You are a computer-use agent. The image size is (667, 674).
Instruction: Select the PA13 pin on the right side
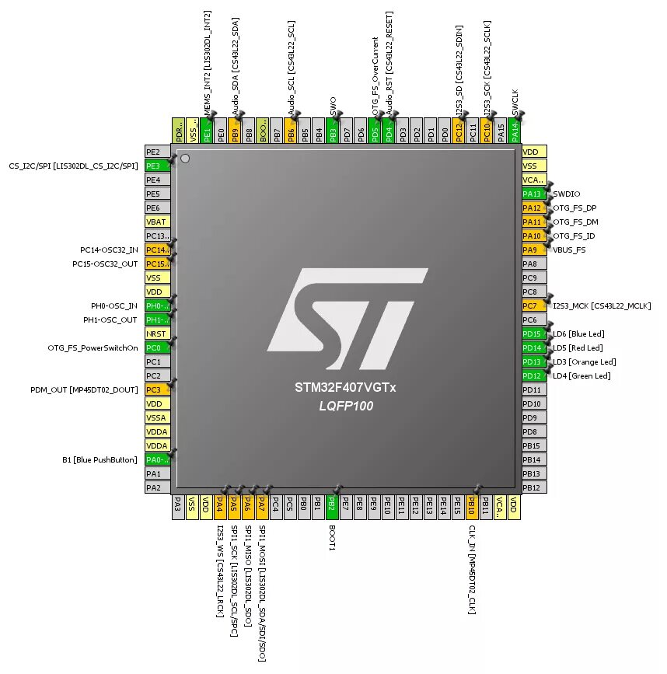tap(533, 194)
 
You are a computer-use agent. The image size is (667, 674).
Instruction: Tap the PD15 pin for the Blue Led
tap(533, 334)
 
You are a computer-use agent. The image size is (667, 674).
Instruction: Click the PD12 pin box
tap(533, 375)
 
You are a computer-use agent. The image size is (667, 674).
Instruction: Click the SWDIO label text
tap(566, 194)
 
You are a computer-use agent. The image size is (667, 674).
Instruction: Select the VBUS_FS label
tap(569, 250)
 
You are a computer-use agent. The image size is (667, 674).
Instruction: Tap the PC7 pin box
tap(533, 306)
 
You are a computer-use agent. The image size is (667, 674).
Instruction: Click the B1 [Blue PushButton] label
tap(100, 459)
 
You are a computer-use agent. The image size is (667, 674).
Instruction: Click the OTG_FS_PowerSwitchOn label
tap(93, 347)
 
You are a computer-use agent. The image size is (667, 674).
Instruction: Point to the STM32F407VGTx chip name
tap(345, 387)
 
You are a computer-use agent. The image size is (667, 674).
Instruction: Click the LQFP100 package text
tap(346, 405)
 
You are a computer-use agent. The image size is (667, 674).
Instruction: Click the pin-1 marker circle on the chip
tap(185, 159)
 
